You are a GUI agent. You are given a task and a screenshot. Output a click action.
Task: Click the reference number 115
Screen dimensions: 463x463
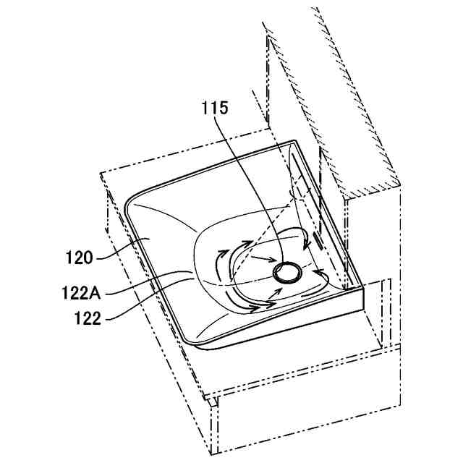point(215,109)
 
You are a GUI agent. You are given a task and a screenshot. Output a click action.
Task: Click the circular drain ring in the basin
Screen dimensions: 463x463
point(287,272)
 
